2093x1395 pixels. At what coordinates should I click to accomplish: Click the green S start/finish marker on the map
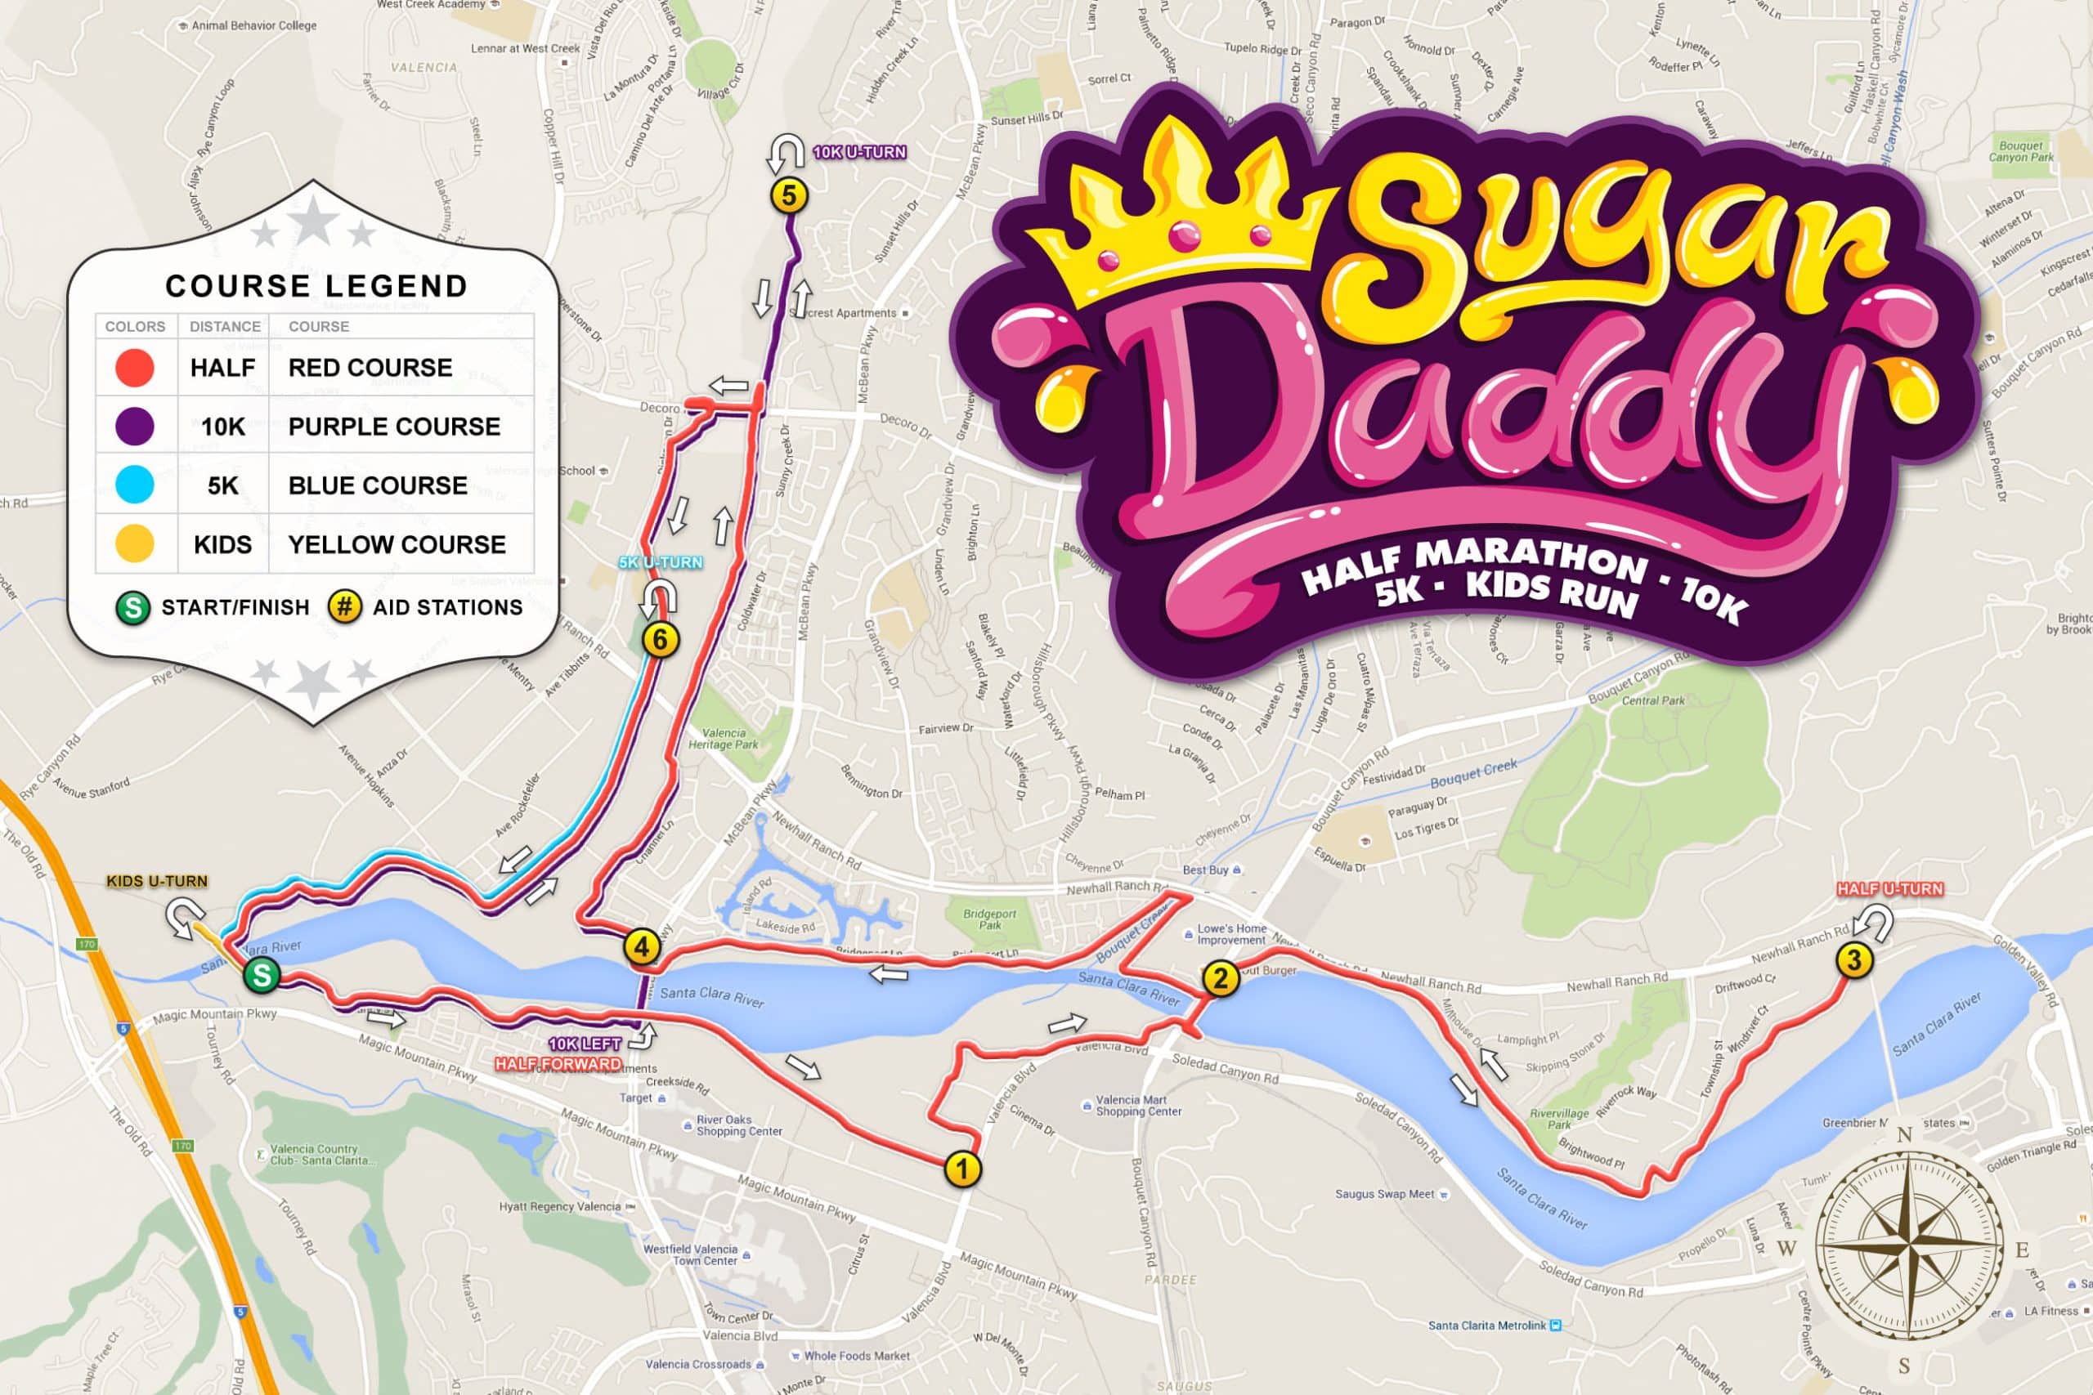[262, 975]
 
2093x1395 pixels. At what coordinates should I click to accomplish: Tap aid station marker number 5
[788, 196]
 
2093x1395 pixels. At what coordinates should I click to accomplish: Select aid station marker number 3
[1854, 960]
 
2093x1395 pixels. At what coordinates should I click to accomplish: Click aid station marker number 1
[962, 1168]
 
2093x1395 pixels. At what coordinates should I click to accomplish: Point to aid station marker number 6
[661, 639]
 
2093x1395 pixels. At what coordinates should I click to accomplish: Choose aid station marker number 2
[1221, 979]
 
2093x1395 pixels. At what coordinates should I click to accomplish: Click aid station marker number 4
[642, 946]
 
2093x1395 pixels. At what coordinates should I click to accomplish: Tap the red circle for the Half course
[135, 368]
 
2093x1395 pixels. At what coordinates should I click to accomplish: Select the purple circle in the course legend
[135, 426]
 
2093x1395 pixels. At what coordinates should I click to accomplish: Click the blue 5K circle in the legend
[135, 485]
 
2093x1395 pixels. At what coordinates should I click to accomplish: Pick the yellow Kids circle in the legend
[135, 543]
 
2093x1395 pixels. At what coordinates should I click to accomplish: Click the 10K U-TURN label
[859, 152]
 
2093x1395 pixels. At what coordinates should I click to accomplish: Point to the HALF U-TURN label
[1890, 889]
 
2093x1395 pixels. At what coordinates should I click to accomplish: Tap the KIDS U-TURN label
[157, 881]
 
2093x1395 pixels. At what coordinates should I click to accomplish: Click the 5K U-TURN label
[661, 562]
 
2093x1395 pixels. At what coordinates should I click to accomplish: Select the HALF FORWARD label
[558, 1064]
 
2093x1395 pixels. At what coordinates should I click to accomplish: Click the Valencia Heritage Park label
[723, 739]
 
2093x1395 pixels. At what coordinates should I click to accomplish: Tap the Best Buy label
[1206, 870]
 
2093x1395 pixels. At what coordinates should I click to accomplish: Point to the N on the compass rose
[1904, 1134]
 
